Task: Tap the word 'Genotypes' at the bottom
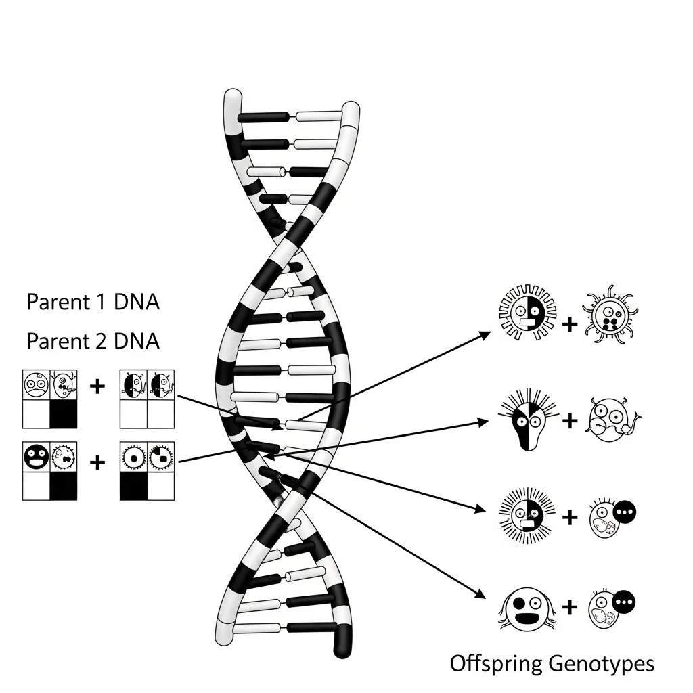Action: pyautogui.click(x=601, y=665)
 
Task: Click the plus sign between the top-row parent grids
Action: pyautogui.click(x=97, y=386)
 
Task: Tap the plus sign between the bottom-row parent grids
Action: pyautogui.click(x=97, y=463)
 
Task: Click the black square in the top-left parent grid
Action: pyautogui.click(x=64, y=414)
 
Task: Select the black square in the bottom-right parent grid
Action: pyautogui.click(x=133, y=486)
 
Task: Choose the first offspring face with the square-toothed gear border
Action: pyautogui.click(x=528, y=313)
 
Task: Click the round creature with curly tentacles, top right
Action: pyautogui.click(x=610, y=314)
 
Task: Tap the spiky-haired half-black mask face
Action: pyautogui.click(x=528, y=420)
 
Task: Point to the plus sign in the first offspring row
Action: pyautogui.click(x=570, y=324)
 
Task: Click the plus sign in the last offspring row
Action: pyautogui.click(x=570, y=607)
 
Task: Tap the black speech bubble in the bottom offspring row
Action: pyautogui.click(x=624, y=602)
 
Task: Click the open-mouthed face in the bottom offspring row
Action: pyautogui.click(x=527, y=608)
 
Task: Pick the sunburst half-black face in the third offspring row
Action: pyautogui.click(x=527, y=515)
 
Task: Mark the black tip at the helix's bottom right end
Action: pyautogui.click(x=342, y=642)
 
